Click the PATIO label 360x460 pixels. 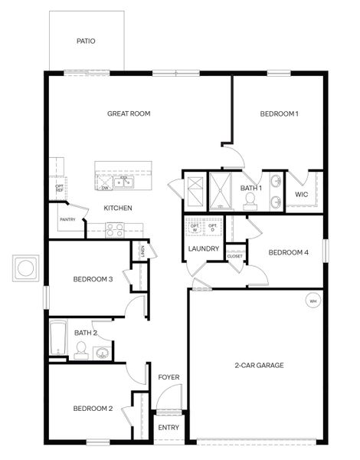coord(86,41)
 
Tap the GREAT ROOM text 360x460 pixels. coord(128,113)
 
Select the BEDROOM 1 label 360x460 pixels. coord(279,113)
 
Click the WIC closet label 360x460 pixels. coord(302,194)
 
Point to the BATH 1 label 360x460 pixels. coord(251,188)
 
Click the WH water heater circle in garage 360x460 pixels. coord(313,300)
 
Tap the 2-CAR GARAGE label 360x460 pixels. coord(259,365)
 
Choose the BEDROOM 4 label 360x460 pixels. coord(288,251)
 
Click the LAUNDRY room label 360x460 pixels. coord(204,248)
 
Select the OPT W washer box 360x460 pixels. coord(195,228)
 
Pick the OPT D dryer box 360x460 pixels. coord(213,228)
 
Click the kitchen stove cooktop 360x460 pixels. coord(114,227)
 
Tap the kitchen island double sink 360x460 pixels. coord(123,182)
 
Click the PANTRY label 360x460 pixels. coord(67,219)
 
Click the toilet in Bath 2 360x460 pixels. coord(80,350)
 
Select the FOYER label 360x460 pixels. coord(169,377)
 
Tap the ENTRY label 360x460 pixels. coord(168,428)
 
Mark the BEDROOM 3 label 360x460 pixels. coord(93,279)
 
